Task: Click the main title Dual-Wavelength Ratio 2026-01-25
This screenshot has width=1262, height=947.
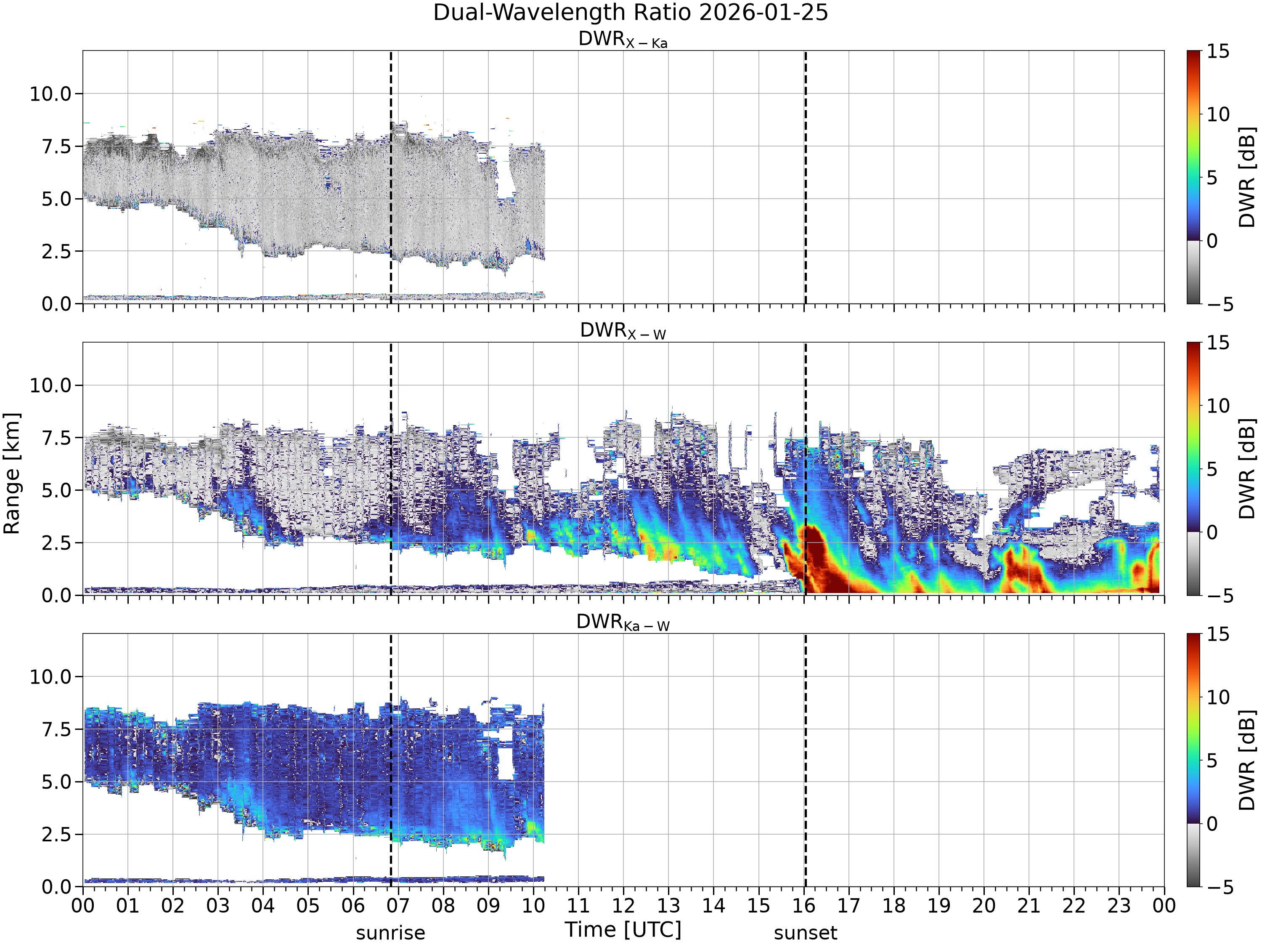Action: tap(631, 13)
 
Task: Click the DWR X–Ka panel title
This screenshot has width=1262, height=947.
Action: tap(623, 40)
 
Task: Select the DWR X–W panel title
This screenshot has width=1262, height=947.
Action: tap(623, 331)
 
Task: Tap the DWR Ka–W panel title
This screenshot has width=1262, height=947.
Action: tap(623, 622)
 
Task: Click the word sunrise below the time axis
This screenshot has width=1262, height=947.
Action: tap(391, 933)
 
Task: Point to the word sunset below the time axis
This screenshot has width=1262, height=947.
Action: tap(806, 933)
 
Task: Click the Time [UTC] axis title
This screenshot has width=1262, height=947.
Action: tap(623, 930)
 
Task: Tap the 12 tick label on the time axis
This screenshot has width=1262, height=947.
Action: tap(623, 906)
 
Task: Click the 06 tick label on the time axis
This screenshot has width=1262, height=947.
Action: tap(353, 906)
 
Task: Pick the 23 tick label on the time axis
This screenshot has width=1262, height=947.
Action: tap(1119, 906)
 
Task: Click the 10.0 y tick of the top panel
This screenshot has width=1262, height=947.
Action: tap(51, 93)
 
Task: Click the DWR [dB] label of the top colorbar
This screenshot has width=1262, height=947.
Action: tap(1248, 177)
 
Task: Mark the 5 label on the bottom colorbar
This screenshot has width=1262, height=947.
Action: tap(1212, 761)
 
